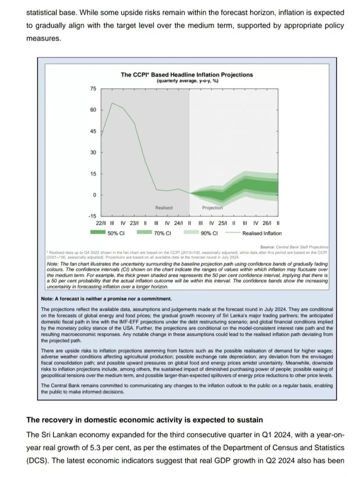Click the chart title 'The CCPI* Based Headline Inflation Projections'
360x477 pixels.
coord(187,75)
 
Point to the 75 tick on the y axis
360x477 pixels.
coord(93,89)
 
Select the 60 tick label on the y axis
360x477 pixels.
coord(93,110)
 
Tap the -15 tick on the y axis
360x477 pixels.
coord(92,217)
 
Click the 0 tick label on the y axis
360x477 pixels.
coord(95,195)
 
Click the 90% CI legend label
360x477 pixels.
coord(209,233)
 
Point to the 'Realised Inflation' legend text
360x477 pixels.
coord(262,233)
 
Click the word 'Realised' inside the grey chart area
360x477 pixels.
coord(163,208)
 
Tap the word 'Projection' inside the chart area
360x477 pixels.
coord(212,208)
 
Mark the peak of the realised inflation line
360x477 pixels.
coord(112,103)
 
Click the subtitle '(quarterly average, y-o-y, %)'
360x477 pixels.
coord(187,81)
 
